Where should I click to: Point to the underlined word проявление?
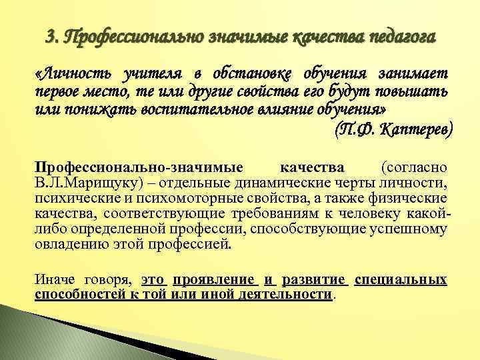(215, 279)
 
